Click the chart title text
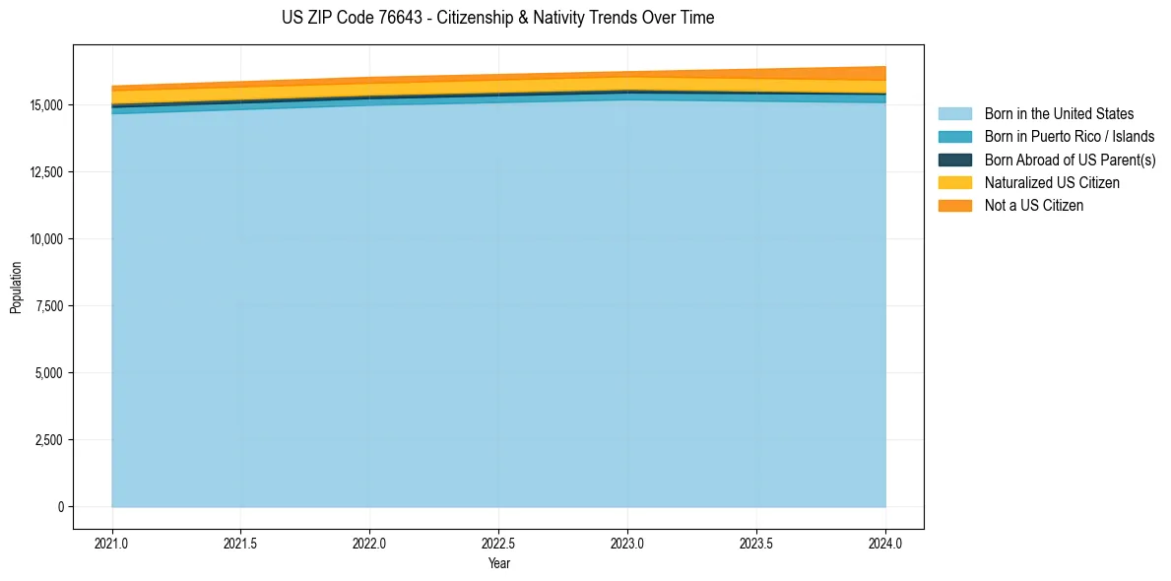497,18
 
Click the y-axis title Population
16,287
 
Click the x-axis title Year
498,563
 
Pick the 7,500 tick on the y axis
46,306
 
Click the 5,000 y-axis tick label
46,373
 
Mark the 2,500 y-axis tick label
46,440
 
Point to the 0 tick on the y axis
60,507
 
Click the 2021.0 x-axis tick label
112,543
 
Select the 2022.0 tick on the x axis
369,543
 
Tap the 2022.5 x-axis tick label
498,543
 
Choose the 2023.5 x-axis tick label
756,543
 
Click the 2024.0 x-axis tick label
885,543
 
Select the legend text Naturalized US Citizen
1052,183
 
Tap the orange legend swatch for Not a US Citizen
954,206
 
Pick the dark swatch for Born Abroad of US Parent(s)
954,160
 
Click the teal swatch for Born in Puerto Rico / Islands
954,137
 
